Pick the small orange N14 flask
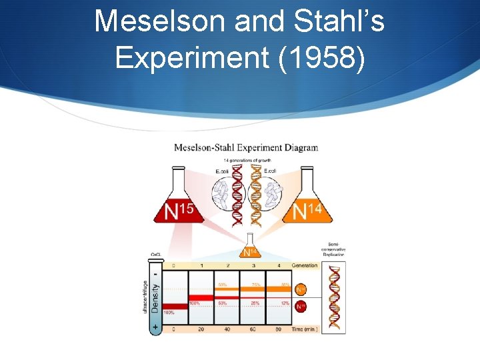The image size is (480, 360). click(x=249, y=248)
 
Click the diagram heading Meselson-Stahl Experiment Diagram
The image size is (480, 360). click(x=246, y=147)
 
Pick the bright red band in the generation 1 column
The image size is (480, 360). click(x=201, y=297)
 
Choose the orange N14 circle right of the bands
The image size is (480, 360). click(x=301, y=289)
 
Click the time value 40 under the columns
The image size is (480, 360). click(x=227, y=329)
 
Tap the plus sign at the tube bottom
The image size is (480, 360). click(x=154, y=326)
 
